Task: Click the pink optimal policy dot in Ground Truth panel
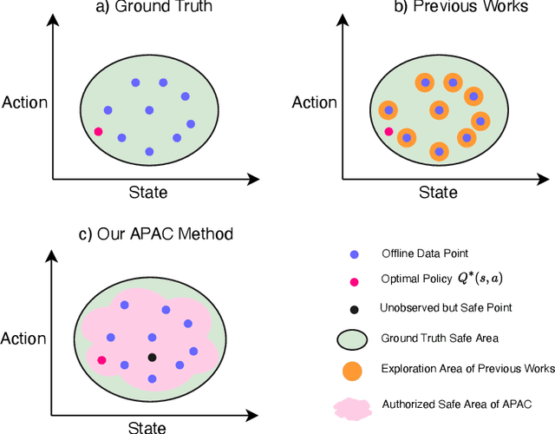(x=98, y=132)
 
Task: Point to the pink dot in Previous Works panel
(x=388, y=132)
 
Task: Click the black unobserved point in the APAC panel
(x=152, y=357)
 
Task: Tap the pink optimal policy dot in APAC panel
(x=101, y=359)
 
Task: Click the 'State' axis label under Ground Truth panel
(x=147, y=193)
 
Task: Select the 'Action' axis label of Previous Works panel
(x=314, y=102)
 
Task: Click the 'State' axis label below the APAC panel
(x=147, y=426)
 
